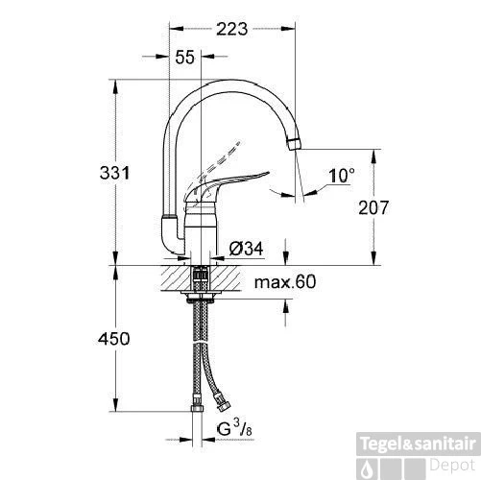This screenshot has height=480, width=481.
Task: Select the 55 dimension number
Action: pos(185,58)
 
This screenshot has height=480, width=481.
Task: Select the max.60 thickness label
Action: pos(285,283)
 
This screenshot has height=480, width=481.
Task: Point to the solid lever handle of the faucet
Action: pos(235,180)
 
